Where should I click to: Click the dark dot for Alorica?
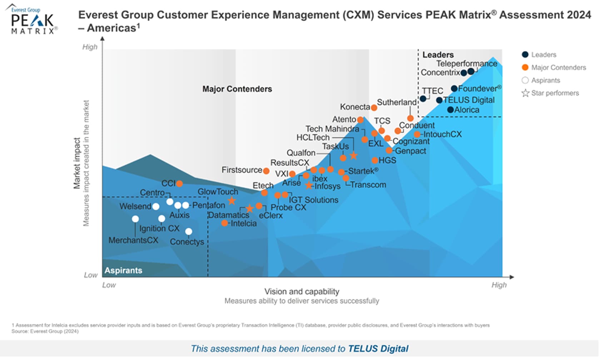(450, 110)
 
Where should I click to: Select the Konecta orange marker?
(374, 107)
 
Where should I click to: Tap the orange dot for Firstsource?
(266, 171)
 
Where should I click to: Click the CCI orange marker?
(179, 184)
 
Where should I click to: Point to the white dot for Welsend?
(156, 206)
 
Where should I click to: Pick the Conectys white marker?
(189, 232)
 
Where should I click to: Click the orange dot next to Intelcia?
(224, 223)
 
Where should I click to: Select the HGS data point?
(374, 160)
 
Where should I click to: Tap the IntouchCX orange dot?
(417, 134)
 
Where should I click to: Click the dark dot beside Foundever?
(454, 88)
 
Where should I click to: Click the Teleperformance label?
(466, 64)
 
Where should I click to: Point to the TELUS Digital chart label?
(469, 100)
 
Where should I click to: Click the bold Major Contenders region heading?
(237, 89)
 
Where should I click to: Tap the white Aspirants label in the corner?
(123, 270)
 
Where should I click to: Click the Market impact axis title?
(77, 163)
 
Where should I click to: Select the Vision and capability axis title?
(302, 291)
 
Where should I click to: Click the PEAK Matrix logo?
(32, 21)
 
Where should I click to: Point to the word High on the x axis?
(499, 285)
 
